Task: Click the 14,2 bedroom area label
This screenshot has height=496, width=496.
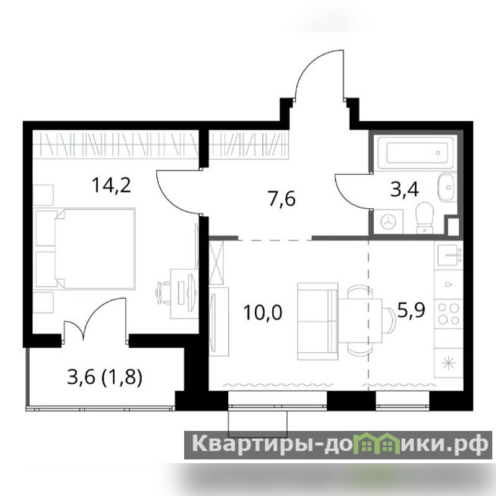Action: tap(111, 185)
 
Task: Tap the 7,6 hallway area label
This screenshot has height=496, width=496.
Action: tap(281, 199)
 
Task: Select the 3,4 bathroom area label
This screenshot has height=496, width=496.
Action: tap(405, 190)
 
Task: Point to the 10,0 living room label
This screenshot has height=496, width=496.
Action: tap(262, 312)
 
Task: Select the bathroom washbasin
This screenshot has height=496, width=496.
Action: tap(446, 188)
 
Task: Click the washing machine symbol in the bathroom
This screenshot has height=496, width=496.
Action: tap(388, 221)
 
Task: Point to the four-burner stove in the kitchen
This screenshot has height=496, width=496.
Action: tap(448, 314)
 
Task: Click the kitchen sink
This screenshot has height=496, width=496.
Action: tap(449, 255)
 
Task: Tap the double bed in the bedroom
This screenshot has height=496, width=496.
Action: tap(95, 248)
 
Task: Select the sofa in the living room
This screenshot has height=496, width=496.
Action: tap(317, 321)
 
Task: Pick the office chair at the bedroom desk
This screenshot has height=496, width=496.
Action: tap(164, 293)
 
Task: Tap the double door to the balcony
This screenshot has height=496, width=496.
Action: tap(95, 319)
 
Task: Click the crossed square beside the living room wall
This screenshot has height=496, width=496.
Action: tap(216, 262)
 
